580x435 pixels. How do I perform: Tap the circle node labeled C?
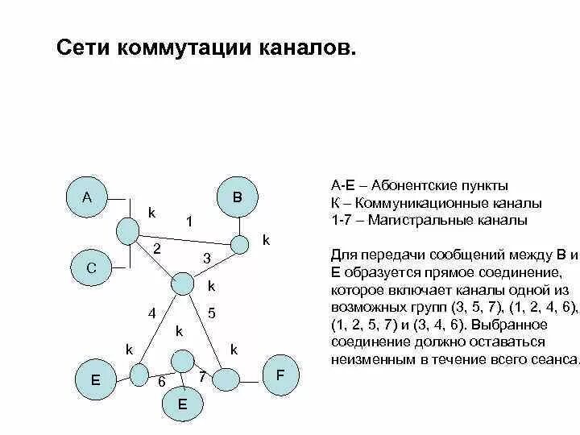tap(92, 268)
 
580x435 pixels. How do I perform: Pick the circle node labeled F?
tap(280, 376)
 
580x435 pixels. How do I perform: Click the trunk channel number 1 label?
tap(188, 221)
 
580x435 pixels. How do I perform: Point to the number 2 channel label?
tap(158, 250)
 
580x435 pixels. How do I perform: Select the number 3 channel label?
tap(206, 259)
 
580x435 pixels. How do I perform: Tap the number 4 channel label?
tap(151, 313)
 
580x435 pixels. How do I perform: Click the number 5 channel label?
tap(211, 313)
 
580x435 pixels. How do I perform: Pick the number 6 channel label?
tap(161, 382)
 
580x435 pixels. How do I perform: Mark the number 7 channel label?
tap(202, 376)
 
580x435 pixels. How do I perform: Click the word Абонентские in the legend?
tap(404, 185)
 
